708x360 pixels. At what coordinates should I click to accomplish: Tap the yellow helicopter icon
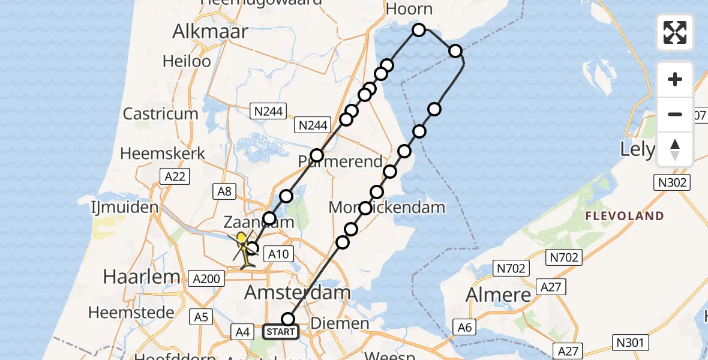coord(243,248)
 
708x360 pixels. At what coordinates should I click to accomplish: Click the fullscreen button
coord(675,32)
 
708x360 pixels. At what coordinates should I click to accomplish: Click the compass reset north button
coord(675,149)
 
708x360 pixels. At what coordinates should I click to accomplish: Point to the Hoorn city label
coord(410,9)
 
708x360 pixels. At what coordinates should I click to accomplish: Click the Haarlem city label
coord(142,277)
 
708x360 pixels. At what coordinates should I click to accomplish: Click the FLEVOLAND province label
coord(625,216)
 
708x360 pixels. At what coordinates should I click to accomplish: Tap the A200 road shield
coord(206,278)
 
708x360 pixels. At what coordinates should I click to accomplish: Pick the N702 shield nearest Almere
coord(511,268)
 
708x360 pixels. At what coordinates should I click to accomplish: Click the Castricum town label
coord(160,113)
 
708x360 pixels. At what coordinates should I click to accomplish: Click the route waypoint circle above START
coord(289,319)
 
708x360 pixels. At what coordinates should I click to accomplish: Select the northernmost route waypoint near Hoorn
coord(419,30)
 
